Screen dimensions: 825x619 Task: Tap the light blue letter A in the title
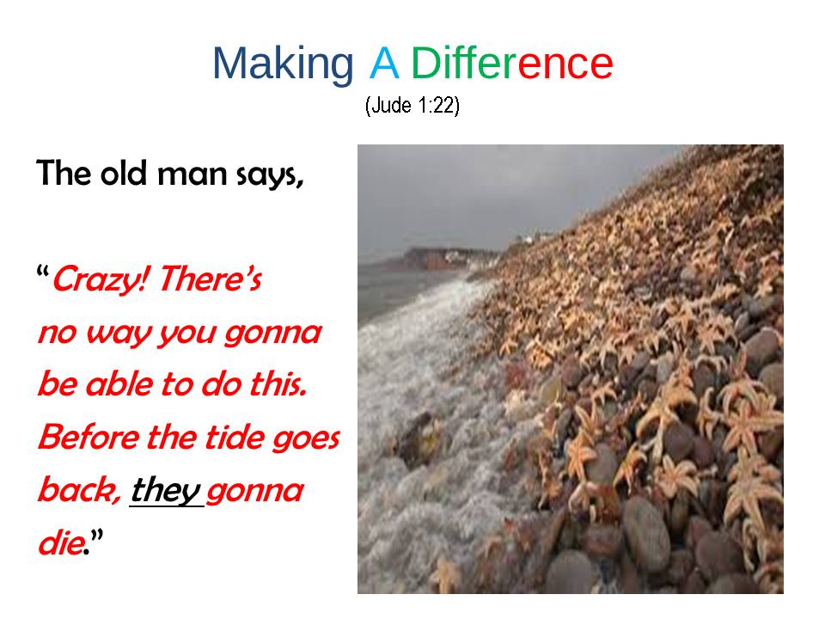pos(384,63)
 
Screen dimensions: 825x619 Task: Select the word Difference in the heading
pos(512,63)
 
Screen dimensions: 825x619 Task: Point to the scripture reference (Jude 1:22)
pos(412,105)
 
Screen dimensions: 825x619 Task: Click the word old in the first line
pos(123,173)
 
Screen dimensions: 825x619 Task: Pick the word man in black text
pos(192,175)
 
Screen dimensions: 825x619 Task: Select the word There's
pos(211,278)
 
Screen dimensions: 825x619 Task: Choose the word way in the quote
pos(119,334)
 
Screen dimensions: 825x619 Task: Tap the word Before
pos(89,437)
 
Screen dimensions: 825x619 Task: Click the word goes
pos(306,440)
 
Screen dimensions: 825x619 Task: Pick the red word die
pos(62,542)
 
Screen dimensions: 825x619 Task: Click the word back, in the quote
pos(79,489)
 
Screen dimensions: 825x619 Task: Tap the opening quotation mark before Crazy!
pos(43,273)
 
